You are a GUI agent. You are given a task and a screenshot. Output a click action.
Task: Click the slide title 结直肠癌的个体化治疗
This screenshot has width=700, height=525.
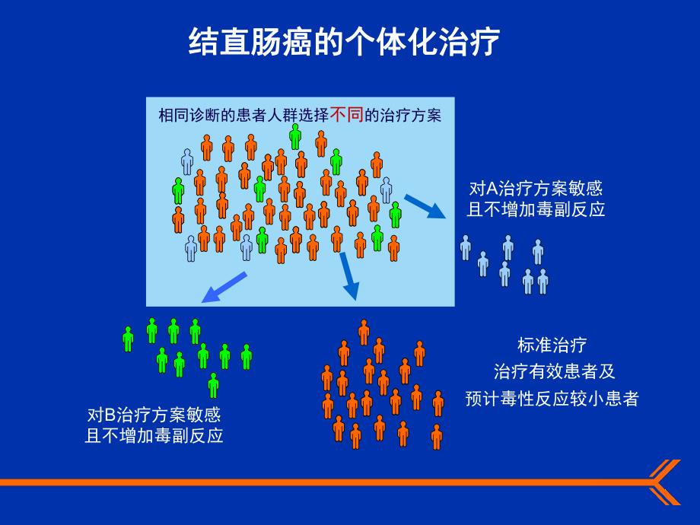coord(344,43)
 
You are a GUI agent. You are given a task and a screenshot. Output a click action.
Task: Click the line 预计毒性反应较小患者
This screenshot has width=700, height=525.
coord(552,399)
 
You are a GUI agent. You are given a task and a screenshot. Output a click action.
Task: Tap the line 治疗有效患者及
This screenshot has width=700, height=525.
coord(553,372)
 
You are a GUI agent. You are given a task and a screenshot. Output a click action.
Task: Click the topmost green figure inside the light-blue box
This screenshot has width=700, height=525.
coord(295,136)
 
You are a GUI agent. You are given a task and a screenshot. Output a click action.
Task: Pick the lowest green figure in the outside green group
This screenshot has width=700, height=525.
coord(213,385)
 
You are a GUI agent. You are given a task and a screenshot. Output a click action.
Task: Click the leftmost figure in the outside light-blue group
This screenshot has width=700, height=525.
coord(466,247)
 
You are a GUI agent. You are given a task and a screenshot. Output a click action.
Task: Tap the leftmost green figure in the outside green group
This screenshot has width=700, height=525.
coord(128,339)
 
